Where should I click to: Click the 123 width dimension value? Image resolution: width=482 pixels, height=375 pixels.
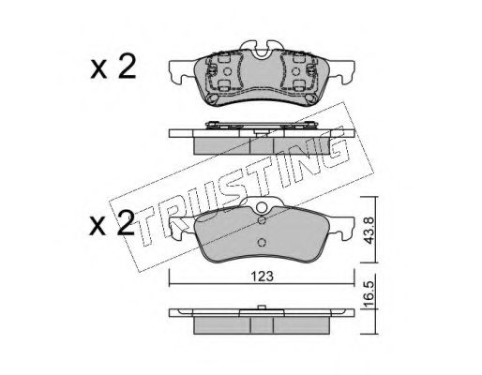point(263,277)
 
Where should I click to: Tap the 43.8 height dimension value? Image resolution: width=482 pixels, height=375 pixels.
point(369,231)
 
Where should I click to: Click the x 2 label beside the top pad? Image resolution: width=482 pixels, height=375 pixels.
point(113,67)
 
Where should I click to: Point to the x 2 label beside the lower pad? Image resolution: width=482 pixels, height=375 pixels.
point(113,223)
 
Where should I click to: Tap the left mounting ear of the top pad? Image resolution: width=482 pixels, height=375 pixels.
point(181,72)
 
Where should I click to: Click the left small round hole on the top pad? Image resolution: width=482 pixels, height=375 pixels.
point(228,72)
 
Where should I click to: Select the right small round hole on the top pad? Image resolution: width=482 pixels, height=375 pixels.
point(295,72)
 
